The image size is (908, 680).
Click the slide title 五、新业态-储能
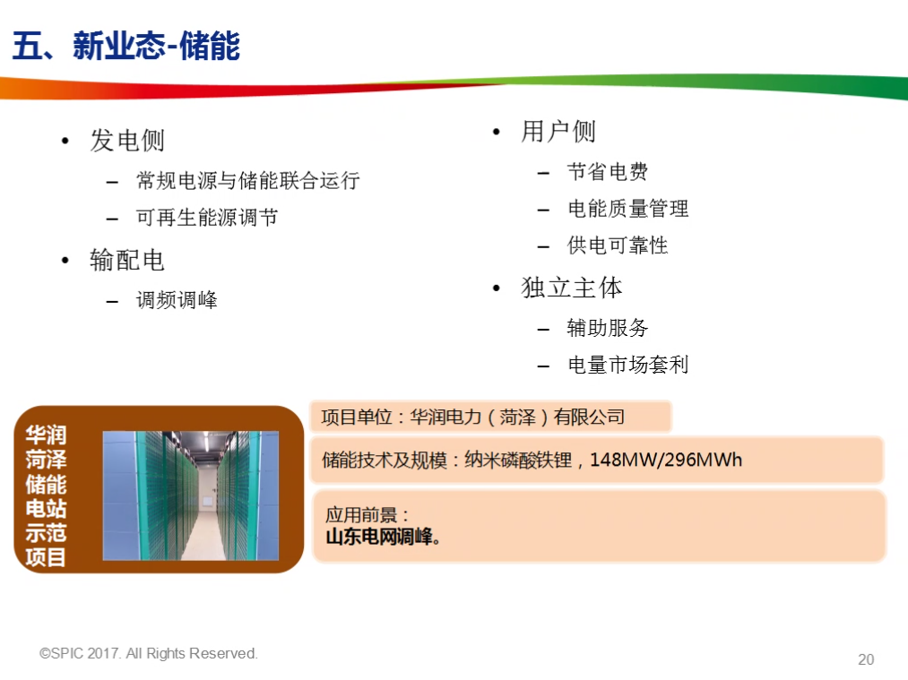(x=126, y=46)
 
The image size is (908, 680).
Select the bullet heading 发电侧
(x=127, y=141)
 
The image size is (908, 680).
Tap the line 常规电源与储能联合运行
(x=248, y=181)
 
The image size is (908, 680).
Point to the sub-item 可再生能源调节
(x=207, y=218)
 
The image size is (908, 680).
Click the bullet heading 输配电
(x=127, y=261)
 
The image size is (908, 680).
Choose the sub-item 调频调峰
(x=177, y=300)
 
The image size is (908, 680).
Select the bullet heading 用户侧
(x=558, y=132)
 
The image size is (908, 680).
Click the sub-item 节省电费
(x=608, y=171)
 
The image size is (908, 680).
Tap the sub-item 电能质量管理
(x=627, y=209)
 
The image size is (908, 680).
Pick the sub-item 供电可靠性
(x=618, y=245)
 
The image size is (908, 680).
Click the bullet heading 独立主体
(x=572, y=288)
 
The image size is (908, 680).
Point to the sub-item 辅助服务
(x=608, y=328)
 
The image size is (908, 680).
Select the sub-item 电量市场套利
(x=627, y=365)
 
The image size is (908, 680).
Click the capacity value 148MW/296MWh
(x=666, y=460)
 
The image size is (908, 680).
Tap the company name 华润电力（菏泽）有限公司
(x=518, y=417)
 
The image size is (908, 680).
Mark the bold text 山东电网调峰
(x=379, y=537)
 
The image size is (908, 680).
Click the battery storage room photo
(x=191, y=495)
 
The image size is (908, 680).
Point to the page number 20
(x=866, y=659)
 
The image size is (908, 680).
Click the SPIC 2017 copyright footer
(x=149, y=653)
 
